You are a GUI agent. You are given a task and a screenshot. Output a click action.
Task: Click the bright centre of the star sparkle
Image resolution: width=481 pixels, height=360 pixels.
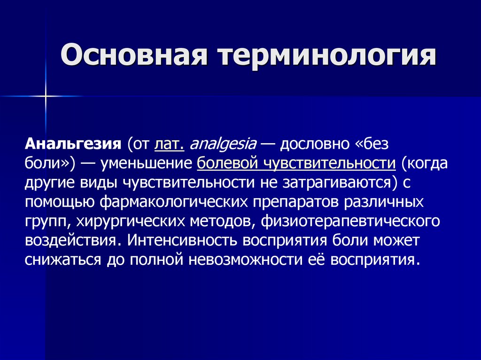tap(46, 97)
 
